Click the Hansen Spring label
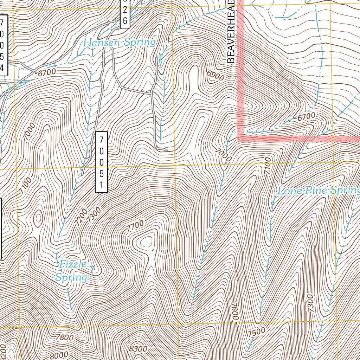point(119,43)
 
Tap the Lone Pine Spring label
point(319,191)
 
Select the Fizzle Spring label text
point(72,271)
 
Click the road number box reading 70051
point(101,162)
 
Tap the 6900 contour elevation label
point(216,75)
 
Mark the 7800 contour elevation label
point(65,337)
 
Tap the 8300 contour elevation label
point(138,349)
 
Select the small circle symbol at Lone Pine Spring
point(272,203)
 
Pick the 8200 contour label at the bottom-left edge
point(3,350)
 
